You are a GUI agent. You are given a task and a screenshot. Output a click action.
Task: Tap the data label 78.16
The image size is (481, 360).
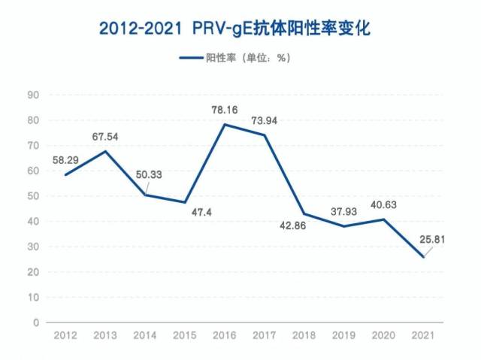(224, 110)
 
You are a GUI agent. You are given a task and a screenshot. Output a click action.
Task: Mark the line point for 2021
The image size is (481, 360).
(423, 257)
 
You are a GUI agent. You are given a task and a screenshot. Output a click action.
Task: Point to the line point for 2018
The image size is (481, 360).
(304, 213)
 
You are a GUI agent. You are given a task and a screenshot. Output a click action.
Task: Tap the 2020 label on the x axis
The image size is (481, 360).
(383, 334)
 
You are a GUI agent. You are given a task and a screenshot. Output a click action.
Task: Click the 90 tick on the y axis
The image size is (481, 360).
(33, 95)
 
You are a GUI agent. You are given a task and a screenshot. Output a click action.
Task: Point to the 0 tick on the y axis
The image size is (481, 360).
(36, 322)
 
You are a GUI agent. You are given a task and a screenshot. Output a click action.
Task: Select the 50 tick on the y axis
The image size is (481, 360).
(33, 196)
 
